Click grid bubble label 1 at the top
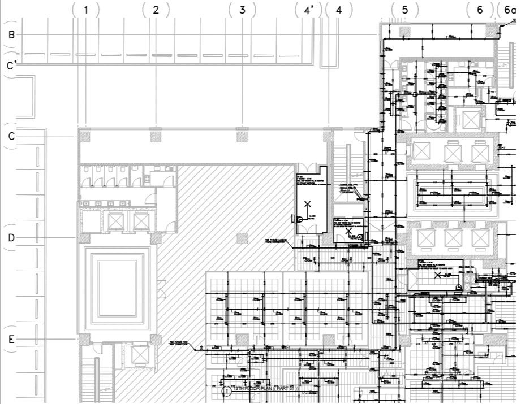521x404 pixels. coord(86,10)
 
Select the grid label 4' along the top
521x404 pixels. coord(308,10)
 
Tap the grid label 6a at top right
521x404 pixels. coord(506,10)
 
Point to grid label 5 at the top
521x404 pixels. coord(405,10)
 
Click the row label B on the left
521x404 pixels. coord(11,34)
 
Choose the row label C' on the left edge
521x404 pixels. coord(11,66)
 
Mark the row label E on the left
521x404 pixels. coord(11,340)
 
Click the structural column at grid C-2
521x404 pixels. coord(156,136)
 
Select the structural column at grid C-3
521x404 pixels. coord(242,136)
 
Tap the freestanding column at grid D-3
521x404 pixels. coord(242,238)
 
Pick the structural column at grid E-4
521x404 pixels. coord(329,339)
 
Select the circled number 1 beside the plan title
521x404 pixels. coord(226,391)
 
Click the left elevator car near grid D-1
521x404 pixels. coord(116,221)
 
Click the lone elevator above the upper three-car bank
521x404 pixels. coord(470,119)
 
